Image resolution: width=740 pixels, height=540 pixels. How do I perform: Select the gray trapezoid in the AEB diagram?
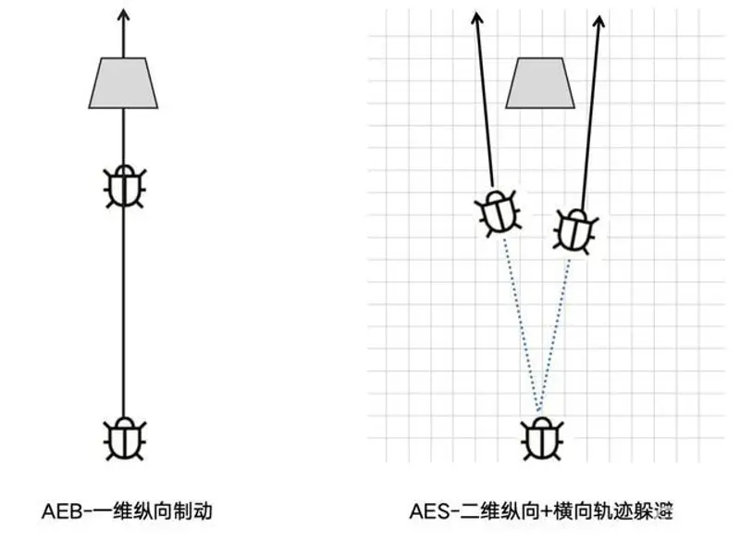coord(123,83)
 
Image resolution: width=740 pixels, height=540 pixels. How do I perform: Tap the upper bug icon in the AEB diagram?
coord(125,186)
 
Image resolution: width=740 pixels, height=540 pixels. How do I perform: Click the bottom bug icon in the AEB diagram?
coord(125,438)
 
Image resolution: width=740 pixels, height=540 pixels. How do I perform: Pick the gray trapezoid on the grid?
coord(540,83)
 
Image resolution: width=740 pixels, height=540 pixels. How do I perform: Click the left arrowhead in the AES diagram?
coord(477,18)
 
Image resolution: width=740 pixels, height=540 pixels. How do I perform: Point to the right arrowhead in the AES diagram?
coord(598,21)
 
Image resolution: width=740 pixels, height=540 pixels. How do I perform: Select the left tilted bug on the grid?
coord(498,213)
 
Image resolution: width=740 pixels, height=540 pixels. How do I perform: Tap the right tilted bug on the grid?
coord(575,232)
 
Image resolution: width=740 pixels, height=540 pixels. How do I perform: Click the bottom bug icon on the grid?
coord(542,439)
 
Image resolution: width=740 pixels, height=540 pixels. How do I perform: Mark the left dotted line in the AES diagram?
coord(521,325)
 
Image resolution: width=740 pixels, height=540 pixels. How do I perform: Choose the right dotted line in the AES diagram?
coord(554,335)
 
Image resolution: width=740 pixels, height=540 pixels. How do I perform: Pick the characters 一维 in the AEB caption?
coord(112,511)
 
